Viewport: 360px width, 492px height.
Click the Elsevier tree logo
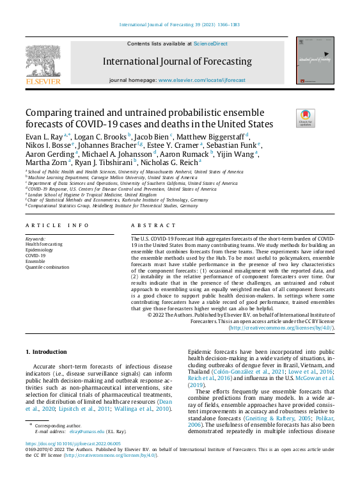point(43,61)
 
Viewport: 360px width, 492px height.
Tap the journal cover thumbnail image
point(315,60)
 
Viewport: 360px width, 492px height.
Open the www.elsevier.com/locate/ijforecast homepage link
point(201,81)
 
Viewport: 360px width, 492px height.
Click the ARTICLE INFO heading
point(58,226)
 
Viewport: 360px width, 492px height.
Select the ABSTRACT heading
point(153,226)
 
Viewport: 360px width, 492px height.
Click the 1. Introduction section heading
point(46,352)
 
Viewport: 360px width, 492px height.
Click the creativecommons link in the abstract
point(281,327)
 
